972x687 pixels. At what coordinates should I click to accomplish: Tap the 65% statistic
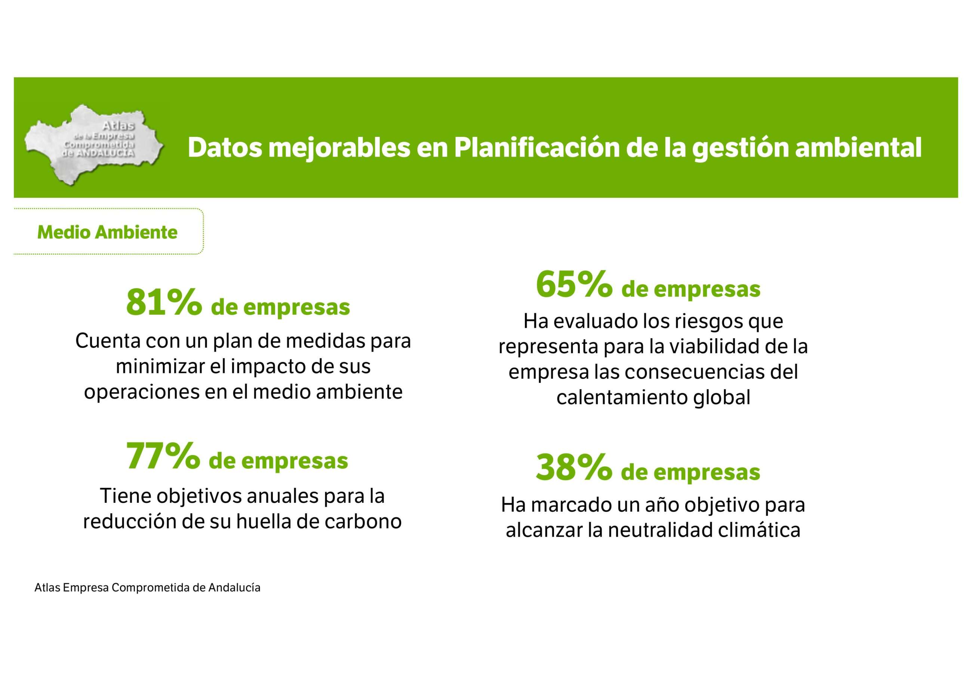pos(573,284)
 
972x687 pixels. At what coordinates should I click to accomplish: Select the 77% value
pos(163,456)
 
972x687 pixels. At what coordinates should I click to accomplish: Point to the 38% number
pos(573,468)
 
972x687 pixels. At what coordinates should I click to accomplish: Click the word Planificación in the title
pos(536,148)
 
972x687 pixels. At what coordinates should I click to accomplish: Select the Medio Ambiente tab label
pos(107,232)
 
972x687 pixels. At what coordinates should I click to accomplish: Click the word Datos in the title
pos(225,148)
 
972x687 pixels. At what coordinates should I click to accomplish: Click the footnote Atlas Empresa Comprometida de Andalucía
pos(147,588)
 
